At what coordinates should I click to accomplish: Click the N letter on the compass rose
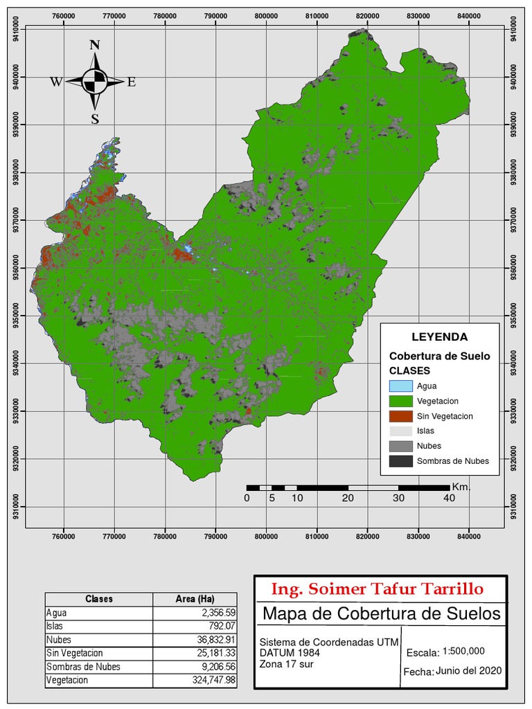click(x=95, y=46)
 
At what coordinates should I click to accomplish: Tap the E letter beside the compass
click(x=132, y=82)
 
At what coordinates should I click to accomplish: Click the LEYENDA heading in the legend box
click(x=439, y=337)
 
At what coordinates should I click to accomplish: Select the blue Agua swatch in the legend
click(x=400, y=386)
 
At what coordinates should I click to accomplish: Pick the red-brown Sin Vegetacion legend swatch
click(x=400, y=416)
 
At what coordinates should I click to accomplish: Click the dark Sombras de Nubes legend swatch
click(x=400, y=461)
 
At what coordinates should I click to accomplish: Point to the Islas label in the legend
click(x=426, y=431)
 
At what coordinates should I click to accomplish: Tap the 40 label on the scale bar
click(x=449, y=499)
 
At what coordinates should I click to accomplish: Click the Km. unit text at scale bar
click(x=461, y=487)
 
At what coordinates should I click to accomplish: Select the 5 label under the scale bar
click(x=272, y=499)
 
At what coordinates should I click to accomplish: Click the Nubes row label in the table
click(x=59, y=640)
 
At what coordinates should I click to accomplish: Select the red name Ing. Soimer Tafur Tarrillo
click(x=378, y=589)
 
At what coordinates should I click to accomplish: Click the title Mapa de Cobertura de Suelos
click(x=381, y=613)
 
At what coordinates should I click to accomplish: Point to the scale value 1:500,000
click(x=463, y=651)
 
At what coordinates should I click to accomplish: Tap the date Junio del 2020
click(x=469, y=671)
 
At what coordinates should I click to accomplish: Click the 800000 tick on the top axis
click(x=267, y=17)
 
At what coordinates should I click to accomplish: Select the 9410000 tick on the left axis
click(x=16, y=29)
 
